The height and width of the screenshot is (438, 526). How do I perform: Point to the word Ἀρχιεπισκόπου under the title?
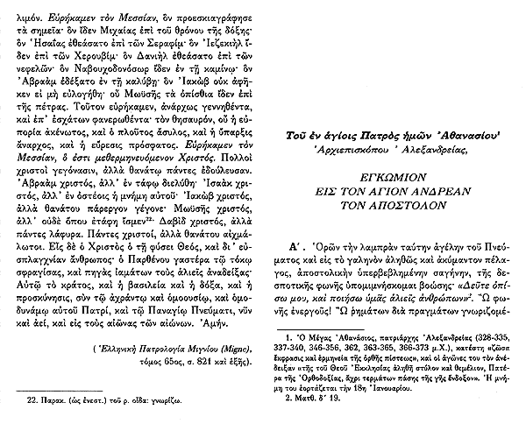click(366, 150)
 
